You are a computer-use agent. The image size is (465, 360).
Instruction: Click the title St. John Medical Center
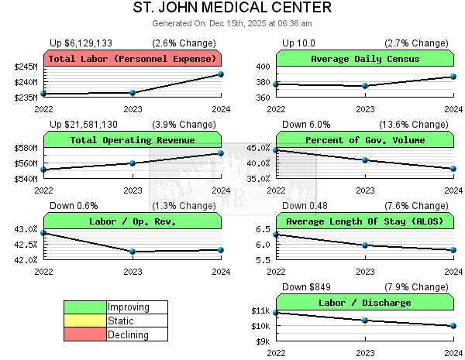click(x=232, y=8)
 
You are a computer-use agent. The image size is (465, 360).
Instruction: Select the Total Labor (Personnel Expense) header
click(x=133, y=59)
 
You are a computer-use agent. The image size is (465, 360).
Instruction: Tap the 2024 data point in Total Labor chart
click(x=221, y=74)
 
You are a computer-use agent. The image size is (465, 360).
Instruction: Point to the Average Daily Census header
click(x=365, y=59)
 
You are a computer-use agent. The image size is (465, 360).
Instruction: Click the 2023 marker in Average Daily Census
click(x=365, y=86)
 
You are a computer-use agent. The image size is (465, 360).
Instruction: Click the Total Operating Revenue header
click(x=133, y=140)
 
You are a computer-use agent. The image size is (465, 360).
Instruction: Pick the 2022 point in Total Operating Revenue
click(x=44, y=169)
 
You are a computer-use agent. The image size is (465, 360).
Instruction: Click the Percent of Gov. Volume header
click(x=365, y=140)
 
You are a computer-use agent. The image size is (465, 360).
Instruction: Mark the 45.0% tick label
click(x=258, y=148)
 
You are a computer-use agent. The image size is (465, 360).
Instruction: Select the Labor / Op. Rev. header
click(x=133, y=221)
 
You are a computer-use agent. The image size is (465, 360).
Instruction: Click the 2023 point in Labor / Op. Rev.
click(x=133, y=252)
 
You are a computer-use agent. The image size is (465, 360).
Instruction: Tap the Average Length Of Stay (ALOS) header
click(x=365, y=221)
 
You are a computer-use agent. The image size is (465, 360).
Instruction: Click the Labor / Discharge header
click(x=365, y=303)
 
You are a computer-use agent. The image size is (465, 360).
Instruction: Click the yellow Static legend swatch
click(x=84, y=321)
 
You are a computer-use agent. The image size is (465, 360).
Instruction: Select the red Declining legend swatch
click(x=84, y=334)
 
